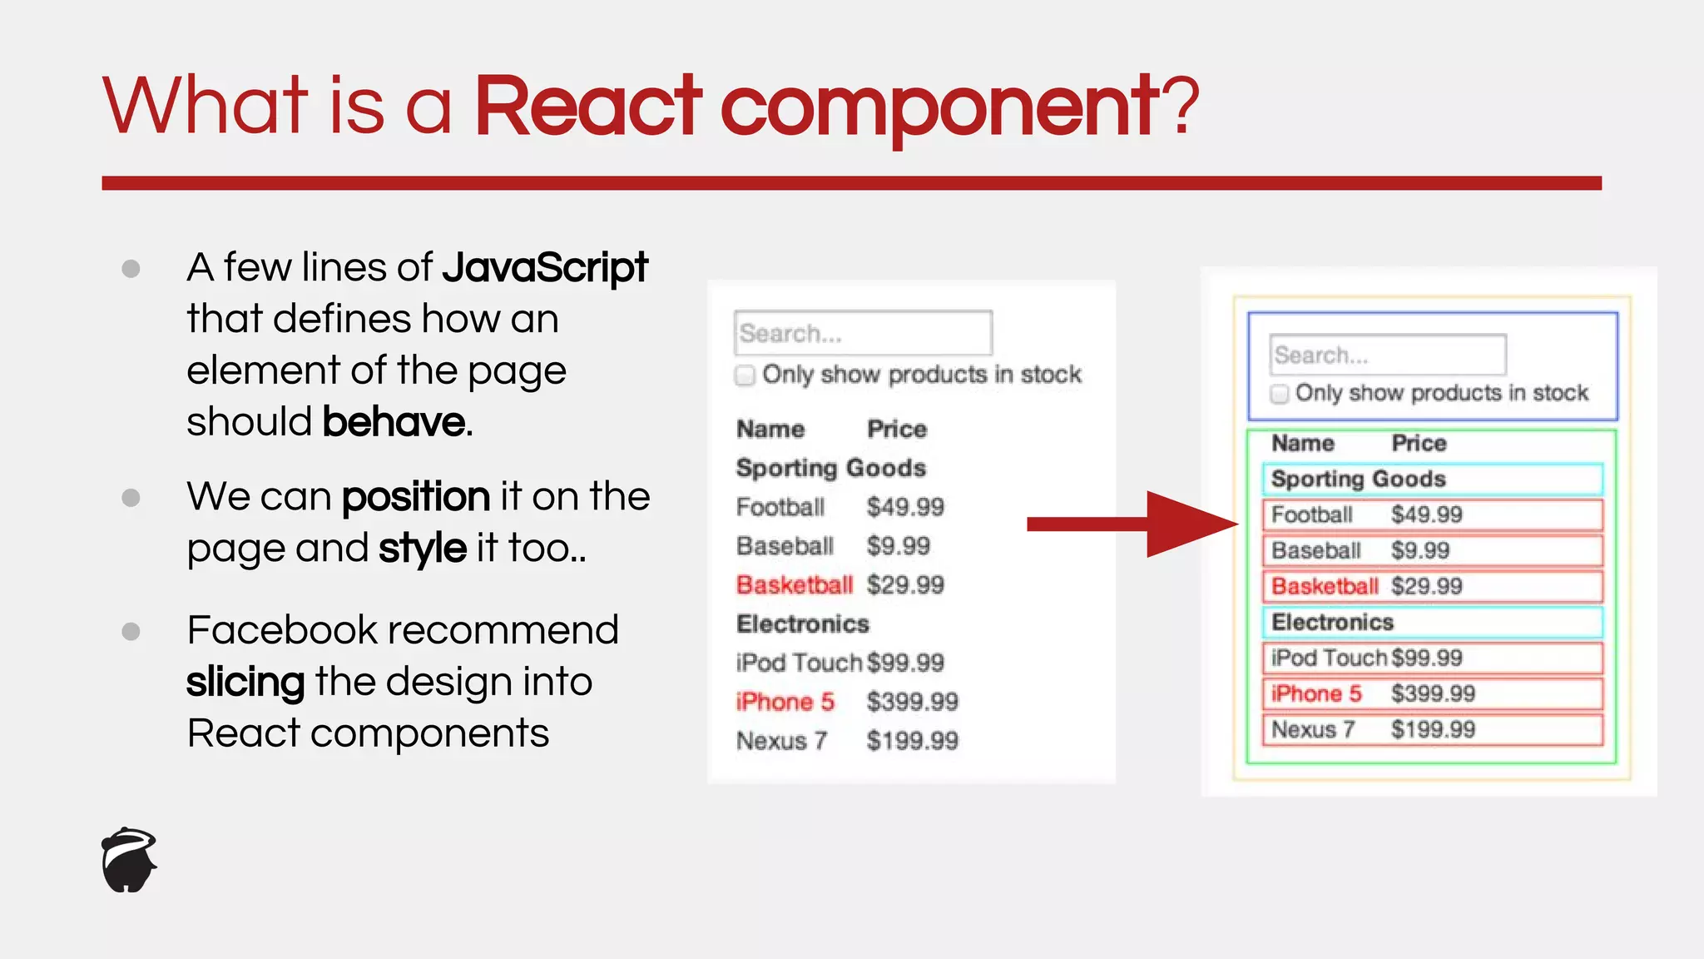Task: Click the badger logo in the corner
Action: [129, 860]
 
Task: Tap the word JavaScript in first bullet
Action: [544, 268]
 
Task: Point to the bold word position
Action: [415, 497]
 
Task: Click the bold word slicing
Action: [245, 682]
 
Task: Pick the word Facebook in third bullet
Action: [282, 630]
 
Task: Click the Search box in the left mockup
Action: [863, 333]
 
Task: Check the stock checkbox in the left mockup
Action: [745, 375]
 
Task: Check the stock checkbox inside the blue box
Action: [1280, 394]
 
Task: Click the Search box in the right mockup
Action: [1387, 355]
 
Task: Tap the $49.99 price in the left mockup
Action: [905, 507]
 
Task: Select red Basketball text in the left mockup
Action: [795, 585]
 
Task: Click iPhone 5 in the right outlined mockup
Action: [1316, 693]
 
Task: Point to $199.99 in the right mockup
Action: [1433, 730]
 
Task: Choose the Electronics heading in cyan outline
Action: [1332, 623]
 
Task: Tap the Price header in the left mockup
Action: [896, 430]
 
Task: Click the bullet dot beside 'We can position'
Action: [131, 498]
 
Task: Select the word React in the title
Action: [587, 106]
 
